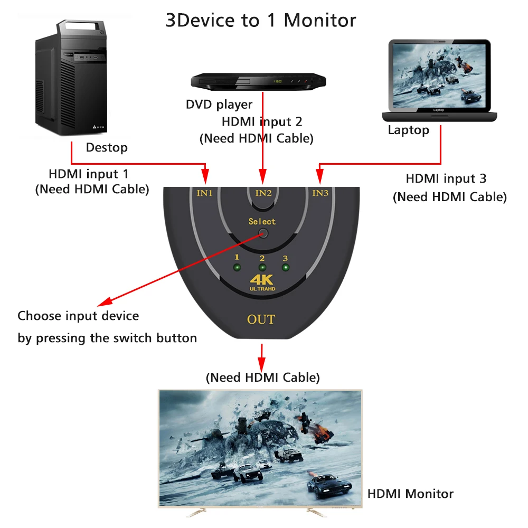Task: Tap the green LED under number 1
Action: pyautogui.click(x=237, y=267)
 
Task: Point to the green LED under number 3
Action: pyautogui.click(x=286, y=267)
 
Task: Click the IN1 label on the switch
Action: pyautogui.click(x=204, y=193)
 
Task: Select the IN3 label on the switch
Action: pyautogui.click(x=320, y=193)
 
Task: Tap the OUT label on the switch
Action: pyautogui.click(x=261, y=319)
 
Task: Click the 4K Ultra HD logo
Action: pyautogui.click(x=262, y=282)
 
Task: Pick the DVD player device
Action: pyautogui.click(x=258, y=81)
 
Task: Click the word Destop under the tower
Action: pyautogui.click(x=107, y=148)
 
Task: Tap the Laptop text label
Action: pyautogui.click(x=408, y=130)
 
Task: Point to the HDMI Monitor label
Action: pyautogui.click(x=410, y=494)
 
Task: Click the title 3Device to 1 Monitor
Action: pyautogui.click(x=261, y=21)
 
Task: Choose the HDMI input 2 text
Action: pyautogui.click(x=262, y=122)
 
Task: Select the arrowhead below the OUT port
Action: pyautogui.click(x=261, y=364)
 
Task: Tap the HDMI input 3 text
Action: pyautogui.click(x=446, y=179)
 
